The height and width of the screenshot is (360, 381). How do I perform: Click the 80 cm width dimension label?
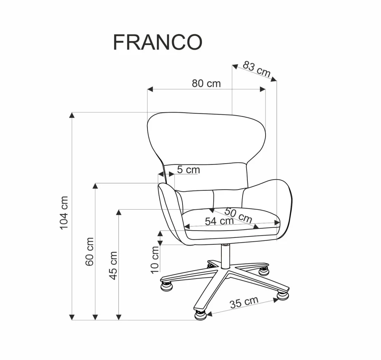pos(206,83)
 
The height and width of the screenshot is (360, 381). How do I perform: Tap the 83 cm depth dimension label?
pos(257,69)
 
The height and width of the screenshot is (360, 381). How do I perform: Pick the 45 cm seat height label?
pos(113,265)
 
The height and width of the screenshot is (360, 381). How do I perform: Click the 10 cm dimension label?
pos(155,260)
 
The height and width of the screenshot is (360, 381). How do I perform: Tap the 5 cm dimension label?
pos(188,170)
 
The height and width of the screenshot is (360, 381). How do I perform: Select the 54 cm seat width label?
pos(219,221)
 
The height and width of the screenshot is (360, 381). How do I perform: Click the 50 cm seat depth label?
pos(239,215)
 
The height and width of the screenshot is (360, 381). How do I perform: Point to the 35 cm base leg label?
pos(244,303)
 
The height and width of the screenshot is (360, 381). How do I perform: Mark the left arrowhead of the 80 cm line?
pos(150,89)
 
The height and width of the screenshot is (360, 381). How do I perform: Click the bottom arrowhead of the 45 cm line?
pos(119,317)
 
